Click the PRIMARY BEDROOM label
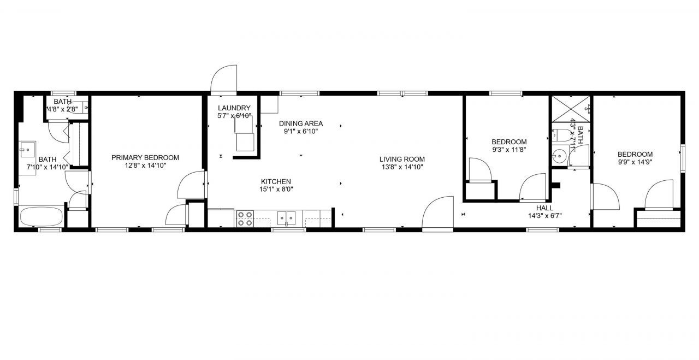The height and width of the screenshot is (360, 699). [145, 158]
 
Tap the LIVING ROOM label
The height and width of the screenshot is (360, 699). [402, 159]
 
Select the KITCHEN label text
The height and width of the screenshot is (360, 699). [276, 181]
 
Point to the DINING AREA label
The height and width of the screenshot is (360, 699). [300, 123]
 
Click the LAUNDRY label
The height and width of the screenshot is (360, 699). [234, 108]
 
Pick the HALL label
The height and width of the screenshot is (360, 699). [544, 208]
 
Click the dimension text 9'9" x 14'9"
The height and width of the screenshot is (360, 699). [635, 162]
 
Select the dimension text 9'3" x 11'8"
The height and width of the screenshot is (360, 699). [509, 149]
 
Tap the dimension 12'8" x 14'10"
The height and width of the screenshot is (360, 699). [145, 166]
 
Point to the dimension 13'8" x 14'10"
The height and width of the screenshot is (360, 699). [402, 167]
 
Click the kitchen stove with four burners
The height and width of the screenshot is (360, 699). [244, 219]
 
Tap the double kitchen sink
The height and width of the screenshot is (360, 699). [287, 219]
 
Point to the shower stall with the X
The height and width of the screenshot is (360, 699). [571, 109]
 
